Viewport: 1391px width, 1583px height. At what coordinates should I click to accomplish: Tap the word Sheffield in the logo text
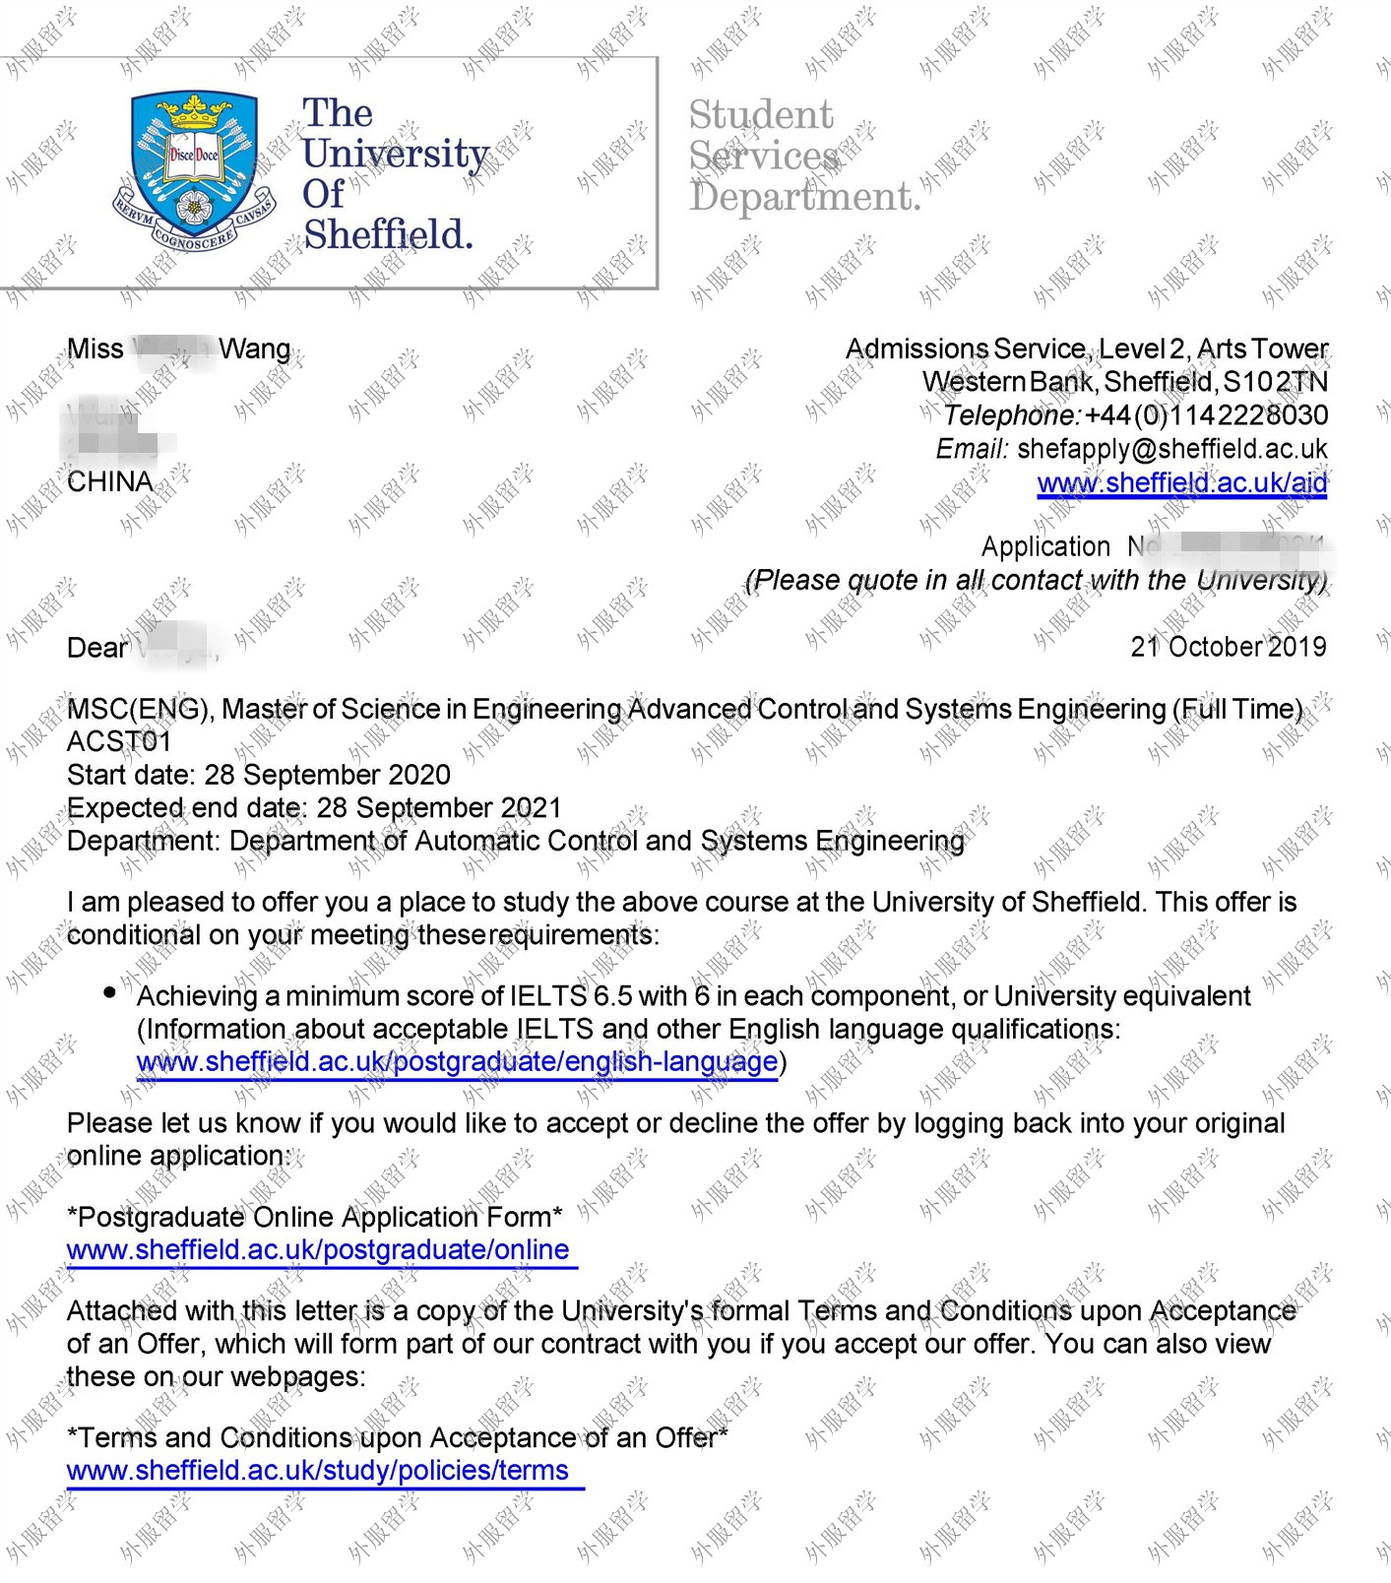[x=388, y=234]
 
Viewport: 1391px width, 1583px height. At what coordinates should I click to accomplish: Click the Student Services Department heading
[x=803, y=156]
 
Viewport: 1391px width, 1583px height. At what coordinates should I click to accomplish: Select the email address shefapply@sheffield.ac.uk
[x=1171, y=449]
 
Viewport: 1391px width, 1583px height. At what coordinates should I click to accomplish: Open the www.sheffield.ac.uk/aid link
[x=1181, y=483]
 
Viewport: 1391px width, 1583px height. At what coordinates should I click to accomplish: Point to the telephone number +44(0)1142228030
[x=1206, y=415]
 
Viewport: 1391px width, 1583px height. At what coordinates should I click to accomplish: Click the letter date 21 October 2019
[x=1228, y=647]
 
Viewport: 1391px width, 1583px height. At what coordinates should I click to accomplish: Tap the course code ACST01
[x=119, y=741]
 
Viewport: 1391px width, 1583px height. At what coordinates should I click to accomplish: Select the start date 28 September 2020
[x=327, y=775]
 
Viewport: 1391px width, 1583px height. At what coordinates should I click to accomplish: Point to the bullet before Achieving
[x=110, y=992]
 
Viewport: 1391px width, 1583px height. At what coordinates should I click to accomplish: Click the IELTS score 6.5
[x=611, y=996]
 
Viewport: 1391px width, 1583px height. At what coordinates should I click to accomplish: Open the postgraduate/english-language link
[x=457, y=1062]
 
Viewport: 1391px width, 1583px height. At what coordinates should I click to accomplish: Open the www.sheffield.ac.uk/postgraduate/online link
[x=318, y=1250]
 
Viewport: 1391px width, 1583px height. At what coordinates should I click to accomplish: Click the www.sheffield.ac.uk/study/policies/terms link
[x=318, y=1471]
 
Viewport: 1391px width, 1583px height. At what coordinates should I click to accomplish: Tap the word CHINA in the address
[x=110, y=482]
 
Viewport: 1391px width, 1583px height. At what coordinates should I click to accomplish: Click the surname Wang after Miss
[x=254, y=349]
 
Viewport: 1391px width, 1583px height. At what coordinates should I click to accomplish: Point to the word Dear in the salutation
[x=97, y=648]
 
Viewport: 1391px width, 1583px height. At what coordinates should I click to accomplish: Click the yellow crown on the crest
[x=194, y=113]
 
